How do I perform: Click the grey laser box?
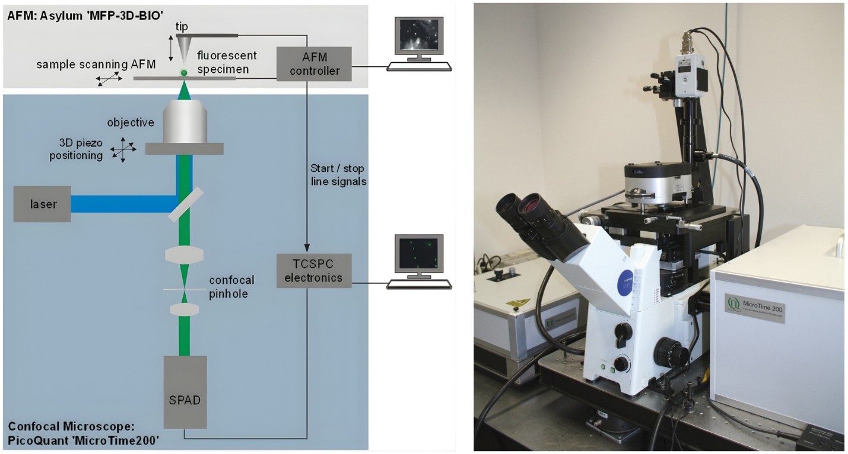pyautogui.click(x=42, y=204)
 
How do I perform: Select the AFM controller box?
pyautogui.click(x=314, y=64)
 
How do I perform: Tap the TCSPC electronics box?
pyautogui.click(x=314, y=271)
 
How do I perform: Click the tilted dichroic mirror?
pyautogui.click(x=186, y=204)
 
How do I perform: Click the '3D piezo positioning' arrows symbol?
pyautogui.click(x=123, y=149)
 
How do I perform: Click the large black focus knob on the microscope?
pyautogui.click(x=670, y=353)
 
